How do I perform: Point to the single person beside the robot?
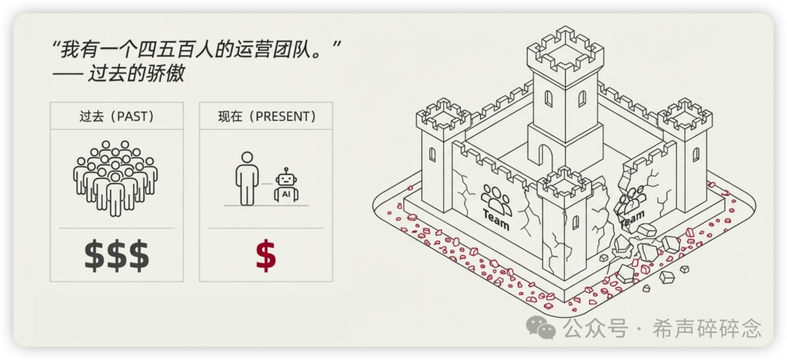(x=247, y=177)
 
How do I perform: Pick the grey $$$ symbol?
(x=116, y=256)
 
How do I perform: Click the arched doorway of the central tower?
(x=544, y=155)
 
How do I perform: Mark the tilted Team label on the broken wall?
(x=632, y=217)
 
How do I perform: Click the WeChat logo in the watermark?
(x=541, y=329)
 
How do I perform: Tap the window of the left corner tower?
(x=432, y=154)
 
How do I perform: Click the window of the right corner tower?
(x=695, y=154)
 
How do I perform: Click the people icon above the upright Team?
(x=496, y=197)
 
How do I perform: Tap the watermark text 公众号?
(x=595, y=329)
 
